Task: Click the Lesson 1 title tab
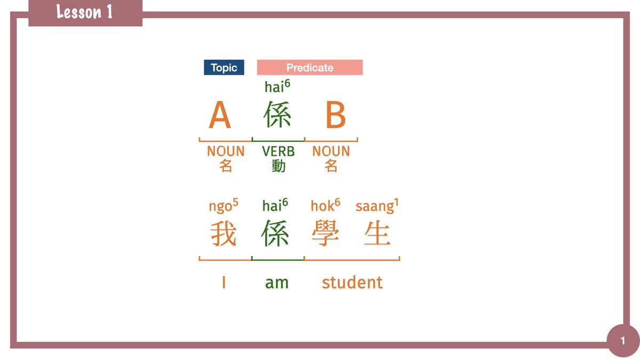coord(85,12)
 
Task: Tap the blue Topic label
coord(224,68)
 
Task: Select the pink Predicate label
coord(309,68)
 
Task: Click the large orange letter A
coord(220,115)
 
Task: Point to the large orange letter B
coord(335,115)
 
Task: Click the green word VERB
coord(278,151)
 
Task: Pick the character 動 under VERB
coord(278,166)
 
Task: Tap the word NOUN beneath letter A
coord(226,151)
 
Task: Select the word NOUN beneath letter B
coord(331,151)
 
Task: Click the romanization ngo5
coord(223,206)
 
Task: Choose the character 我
coord(223,234)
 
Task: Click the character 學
coord(325,234)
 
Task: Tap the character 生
coord(377,234)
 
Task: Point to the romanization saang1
coord(377,206)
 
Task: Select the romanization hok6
coord(325,206)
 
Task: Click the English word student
coord(352,282)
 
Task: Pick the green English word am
coord(277,283)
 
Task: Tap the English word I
coord(223,282)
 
